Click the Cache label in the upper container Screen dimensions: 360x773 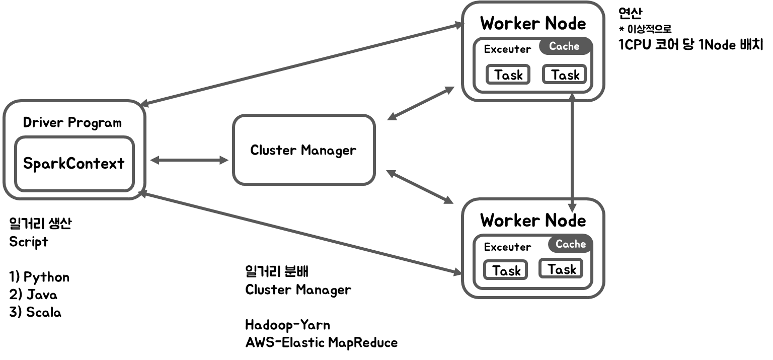click(565, 46)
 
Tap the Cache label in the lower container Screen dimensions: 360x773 click(570, 244)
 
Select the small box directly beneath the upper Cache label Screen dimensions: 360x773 click(564, 74)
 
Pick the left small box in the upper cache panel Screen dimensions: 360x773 click(508, 74)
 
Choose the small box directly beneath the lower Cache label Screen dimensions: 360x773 click(561, 268)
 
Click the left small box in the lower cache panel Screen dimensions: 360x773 click(505, 269)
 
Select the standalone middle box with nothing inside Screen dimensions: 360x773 click(304, 150)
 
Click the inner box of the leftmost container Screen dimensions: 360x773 click(74, 164)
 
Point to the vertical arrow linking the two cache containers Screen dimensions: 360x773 click(572, 151)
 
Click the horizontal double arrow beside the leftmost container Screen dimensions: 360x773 click(189, 160)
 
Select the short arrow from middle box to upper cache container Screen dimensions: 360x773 click(421, 103)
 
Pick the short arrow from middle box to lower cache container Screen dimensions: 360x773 click(420, 187)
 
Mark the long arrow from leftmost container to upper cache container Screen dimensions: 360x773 click(302, 64)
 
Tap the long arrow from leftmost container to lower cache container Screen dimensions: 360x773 click(302, 233)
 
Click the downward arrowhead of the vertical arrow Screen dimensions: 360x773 click(572, 207)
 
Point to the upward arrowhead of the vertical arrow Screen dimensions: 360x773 click(572, 97)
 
